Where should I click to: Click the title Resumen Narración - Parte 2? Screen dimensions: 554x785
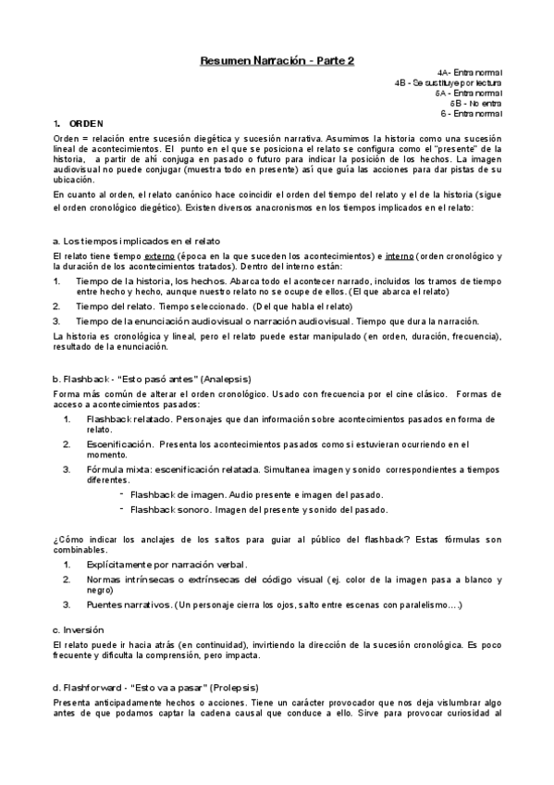pos(277,61)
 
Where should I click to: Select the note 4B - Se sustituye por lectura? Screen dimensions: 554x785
pos(448,82)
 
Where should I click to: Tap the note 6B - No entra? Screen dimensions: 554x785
pos(475,103)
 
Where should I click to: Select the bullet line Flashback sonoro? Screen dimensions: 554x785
pos(259,509)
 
